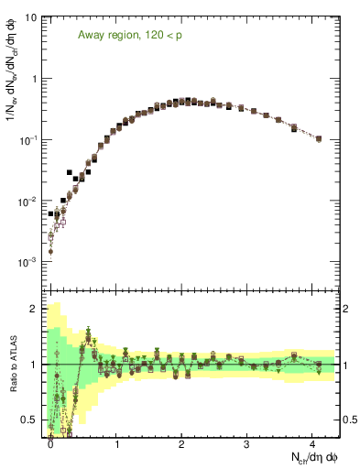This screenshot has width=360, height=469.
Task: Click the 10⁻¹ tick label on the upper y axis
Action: [x=28, y=140]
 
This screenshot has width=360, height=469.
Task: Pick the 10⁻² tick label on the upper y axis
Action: [x=28, y=202]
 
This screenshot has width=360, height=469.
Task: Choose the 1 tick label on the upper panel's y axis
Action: [x=34, y=79]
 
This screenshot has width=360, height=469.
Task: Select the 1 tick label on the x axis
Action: [x=116, y=442]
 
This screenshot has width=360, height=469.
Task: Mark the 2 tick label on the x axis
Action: [x=182, y=442]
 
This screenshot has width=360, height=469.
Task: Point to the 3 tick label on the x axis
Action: [x=247, y=442]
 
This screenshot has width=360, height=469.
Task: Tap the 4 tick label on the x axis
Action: [x=312, y=442]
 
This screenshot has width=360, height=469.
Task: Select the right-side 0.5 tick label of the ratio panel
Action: [x=349, y=420]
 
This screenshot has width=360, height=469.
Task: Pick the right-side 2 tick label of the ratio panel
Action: [x=346, y=309]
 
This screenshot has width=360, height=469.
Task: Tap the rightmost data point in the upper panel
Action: [x=318, y=139]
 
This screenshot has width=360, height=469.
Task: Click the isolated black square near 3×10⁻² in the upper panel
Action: [x=70, y=172]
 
